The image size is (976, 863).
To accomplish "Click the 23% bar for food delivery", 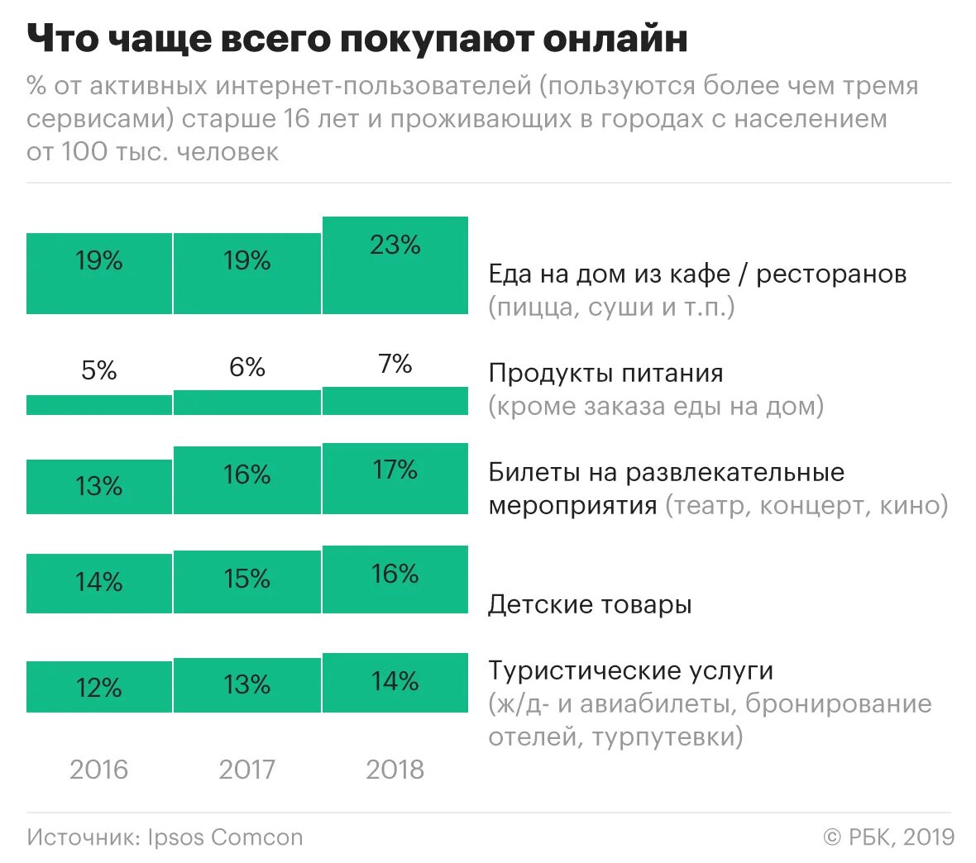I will [395, 265].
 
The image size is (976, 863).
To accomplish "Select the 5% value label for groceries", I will [99, 370].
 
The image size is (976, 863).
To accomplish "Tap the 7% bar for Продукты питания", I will [395, 401].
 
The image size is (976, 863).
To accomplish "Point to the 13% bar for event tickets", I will [99, 487].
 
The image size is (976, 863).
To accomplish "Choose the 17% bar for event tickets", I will [395, 479].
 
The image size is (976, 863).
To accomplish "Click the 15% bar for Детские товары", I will [247, 582].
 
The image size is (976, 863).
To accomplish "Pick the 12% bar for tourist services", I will [99, 687].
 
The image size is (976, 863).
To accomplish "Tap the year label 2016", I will [99, 770].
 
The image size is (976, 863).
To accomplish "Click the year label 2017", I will [247, 770].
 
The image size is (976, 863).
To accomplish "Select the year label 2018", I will [395, 770].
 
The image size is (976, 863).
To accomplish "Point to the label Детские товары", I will [590, 604].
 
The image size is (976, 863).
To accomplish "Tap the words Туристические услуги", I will [630, 670].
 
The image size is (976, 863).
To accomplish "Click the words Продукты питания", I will [605, 373].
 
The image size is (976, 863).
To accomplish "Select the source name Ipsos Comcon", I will [225, 837].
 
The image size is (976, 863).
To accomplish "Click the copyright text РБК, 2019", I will [901, 837].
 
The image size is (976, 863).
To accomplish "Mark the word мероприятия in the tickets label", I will [573, 505].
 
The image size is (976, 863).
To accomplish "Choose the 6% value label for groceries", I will [247, 367].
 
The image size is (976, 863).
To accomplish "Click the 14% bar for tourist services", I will [395, 683].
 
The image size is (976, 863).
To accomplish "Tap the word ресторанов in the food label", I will [831, 274].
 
